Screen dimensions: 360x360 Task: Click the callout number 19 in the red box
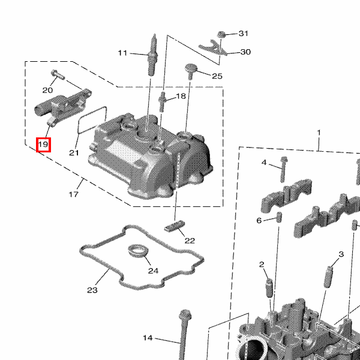click(43, 145)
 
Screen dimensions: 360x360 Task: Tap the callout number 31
click(243, 33)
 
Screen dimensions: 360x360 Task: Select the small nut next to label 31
click(221, 34)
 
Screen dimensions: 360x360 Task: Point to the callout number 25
click(217, 76)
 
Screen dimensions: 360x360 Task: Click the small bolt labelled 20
click(56, 74)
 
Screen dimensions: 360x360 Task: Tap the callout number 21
click(74, 152)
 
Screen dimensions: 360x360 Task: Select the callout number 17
click(74, 194)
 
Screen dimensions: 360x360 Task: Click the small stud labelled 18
click(162, 99)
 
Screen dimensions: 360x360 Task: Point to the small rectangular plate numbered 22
click(174, 226)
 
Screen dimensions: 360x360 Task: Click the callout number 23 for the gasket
click(92, 290)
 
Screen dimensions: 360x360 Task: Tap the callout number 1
click(319, 132)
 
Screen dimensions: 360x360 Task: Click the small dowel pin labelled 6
click(279, 217)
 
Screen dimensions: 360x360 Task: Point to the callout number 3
click(341, 254)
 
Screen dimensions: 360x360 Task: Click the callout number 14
click(148, 337)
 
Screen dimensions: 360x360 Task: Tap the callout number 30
click(245, 52)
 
